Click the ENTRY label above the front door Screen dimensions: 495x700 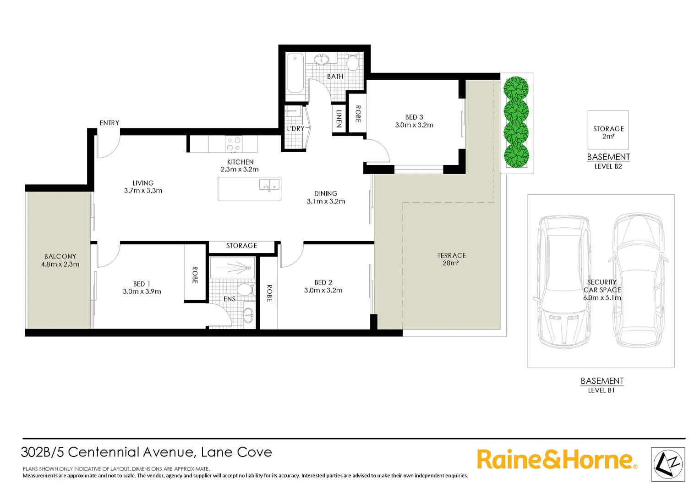[x=109, y=123]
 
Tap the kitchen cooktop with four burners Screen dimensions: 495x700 [x=234, y=144]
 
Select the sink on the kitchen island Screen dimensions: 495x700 [x=269, y=185]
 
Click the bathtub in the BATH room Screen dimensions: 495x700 [x=295, y=73]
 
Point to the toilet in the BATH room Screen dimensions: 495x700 [x=352, y=62]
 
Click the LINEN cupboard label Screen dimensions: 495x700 [x=339, y=119]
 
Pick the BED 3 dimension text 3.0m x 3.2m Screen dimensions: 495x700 [x=414, y=125]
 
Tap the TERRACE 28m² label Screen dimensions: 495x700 [x=451, y=259]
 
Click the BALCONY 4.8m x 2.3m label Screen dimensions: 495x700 [x=60, y=260]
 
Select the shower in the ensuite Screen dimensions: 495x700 [x=232, y=268]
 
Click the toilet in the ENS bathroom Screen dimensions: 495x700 [x=245, y=290]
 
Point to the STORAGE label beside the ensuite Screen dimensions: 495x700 [x=241, y=246]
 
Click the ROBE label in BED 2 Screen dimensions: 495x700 [x=269, y=293]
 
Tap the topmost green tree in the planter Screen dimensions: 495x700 [x=516, y=88]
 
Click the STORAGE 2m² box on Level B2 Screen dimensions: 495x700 [x=608, y=130]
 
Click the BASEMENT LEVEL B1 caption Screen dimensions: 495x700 [x=602, y=385]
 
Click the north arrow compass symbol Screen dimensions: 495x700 [x=668, y=464]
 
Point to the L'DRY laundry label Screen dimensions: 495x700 [x=295, y=129]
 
